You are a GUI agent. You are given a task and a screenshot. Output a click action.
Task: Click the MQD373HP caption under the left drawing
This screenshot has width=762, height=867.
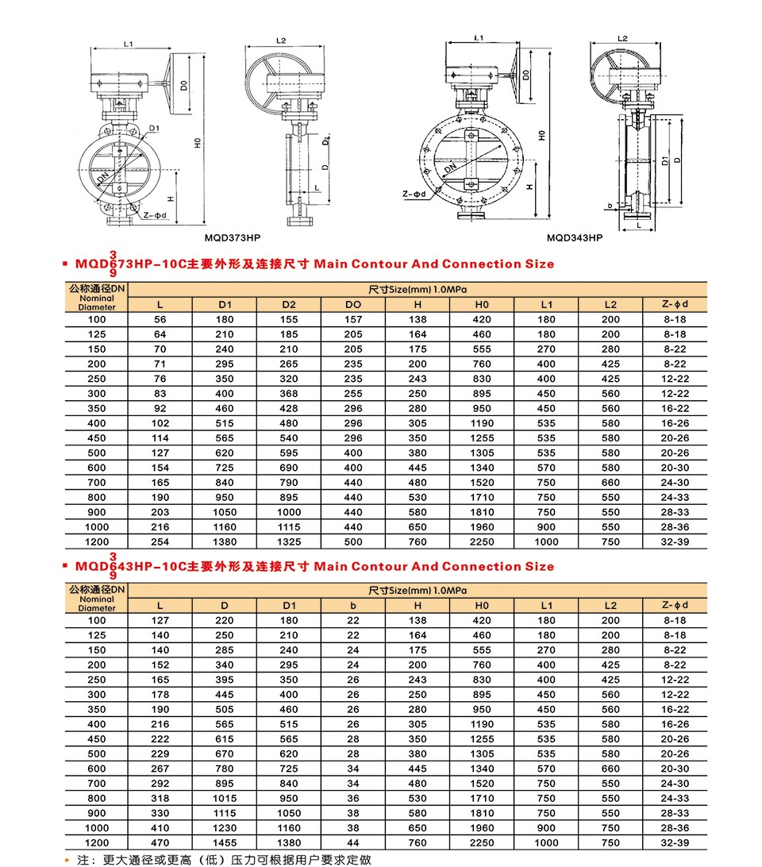coord(233,237)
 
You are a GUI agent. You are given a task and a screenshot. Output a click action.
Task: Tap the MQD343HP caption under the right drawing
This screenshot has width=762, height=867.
coord(575,237)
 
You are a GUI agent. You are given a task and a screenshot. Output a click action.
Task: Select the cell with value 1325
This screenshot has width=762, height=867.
coord(289,542)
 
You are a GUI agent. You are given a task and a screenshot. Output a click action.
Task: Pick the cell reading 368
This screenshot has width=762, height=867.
coord(289,394)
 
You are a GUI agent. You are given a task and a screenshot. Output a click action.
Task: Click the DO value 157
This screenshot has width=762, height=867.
coord(353,319)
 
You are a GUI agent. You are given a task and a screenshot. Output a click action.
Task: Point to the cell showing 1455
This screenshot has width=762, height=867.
coord(225,843)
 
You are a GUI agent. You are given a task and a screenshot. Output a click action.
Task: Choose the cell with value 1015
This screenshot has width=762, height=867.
coord(225,799)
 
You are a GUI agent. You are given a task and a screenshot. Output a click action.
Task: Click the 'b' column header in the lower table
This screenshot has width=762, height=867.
coord(353,606)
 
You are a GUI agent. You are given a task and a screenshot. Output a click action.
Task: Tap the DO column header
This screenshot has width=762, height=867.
coord(353,304)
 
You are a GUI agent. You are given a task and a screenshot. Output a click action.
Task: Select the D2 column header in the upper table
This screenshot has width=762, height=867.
coord(289,304)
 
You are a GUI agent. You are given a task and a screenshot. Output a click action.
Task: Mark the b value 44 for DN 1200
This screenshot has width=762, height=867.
coord(353,843)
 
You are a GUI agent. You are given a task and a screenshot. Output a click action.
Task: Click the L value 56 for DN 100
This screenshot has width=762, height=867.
coord(160,319)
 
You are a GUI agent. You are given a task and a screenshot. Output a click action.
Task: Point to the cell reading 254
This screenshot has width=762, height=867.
coord(160,542)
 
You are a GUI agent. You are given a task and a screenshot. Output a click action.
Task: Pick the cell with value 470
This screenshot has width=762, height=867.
coord(160,843)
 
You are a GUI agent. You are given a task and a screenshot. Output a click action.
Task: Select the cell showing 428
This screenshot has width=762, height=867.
coord(289,409)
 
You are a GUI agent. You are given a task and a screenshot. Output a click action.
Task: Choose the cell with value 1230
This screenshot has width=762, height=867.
coord(225,828)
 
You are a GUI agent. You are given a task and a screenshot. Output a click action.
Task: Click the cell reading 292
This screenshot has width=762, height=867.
coord(160,784)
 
